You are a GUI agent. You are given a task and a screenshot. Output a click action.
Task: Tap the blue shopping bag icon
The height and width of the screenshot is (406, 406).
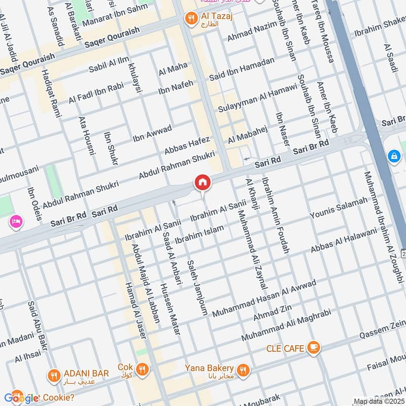(394, 156)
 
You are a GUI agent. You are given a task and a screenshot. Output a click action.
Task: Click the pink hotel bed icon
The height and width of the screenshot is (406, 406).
(15, 222)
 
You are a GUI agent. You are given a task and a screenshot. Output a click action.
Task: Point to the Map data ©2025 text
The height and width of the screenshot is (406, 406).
(378, 401)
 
